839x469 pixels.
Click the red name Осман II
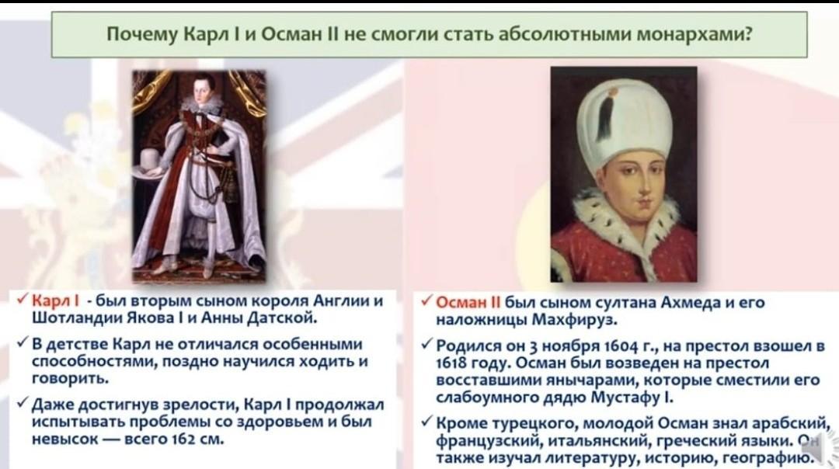point(468,303)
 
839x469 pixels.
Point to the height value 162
point(183,439)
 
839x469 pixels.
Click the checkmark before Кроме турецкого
point(426,422)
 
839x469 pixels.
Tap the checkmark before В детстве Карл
point(23,342)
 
